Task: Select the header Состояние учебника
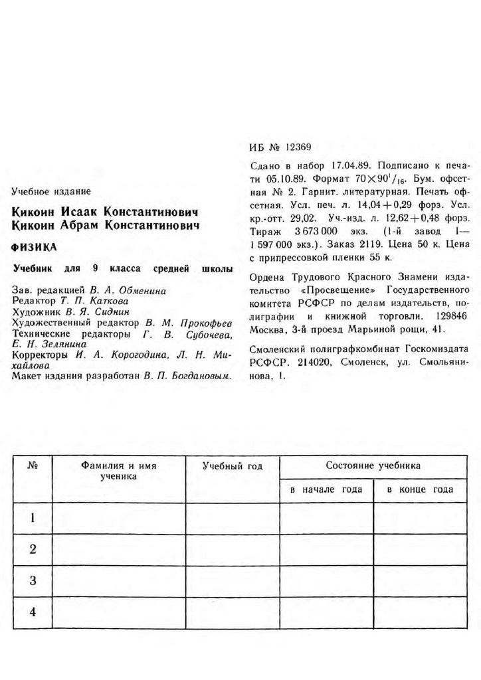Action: click(373, 466)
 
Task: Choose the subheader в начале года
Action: click(326, 489)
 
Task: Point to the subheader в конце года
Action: click(420, 489)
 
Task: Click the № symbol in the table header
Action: click(32, 466)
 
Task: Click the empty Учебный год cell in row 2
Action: click(233, 549)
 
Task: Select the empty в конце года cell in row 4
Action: click(420, 612)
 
